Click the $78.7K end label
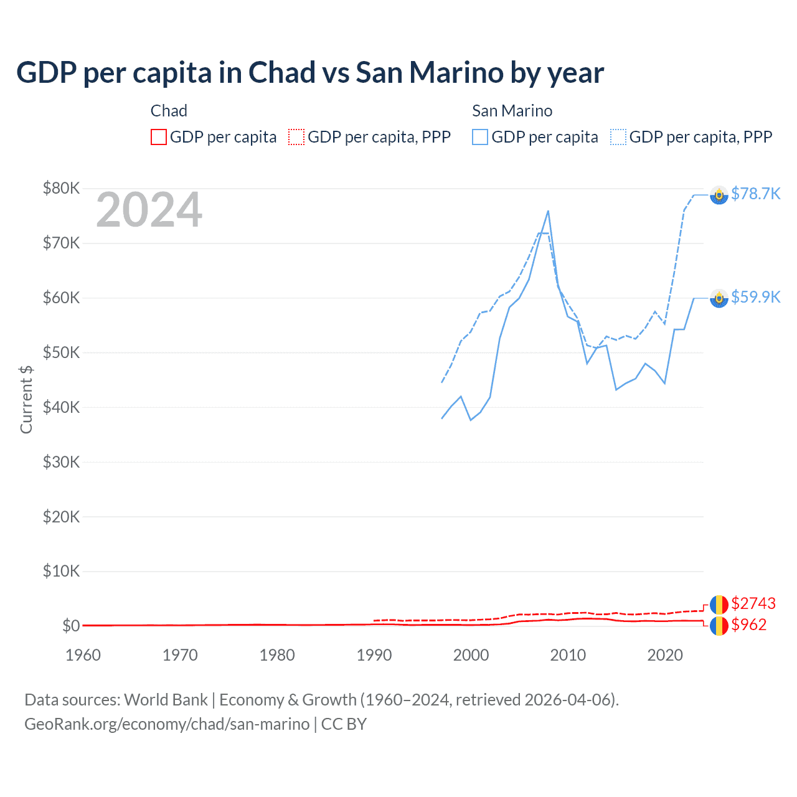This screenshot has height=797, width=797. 755,194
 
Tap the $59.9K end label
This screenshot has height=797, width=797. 755,297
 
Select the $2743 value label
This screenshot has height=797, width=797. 753,603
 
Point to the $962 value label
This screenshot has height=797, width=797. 749,625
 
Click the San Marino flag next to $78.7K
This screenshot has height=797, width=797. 719,195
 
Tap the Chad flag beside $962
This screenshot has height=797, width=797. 719,626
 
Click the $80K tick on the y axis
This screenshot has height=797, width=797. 61,188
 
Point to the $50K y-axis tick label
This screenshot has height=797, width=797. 61,352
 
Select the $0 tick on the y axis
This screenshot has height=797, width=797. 71,626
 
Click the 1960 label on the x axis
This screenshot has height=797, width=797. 83,655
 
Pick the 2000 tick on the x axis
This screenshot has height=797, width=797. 471,655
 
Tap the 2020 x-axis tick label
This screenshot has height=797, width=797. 665,655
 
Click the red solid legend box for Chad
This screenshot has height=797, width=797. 159,137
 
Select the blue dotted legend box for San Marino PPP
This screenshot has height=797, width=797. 618,137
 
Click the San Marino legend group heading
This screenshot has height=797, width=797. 512,111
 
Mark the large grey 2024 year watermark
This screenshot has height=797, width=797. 149,210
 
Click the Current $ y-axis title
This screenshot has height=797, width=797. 26,399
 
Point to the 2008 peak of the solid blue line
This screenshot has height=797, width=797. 548,211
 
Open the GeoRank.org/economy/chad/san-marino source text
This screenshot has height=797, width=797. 167,724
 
